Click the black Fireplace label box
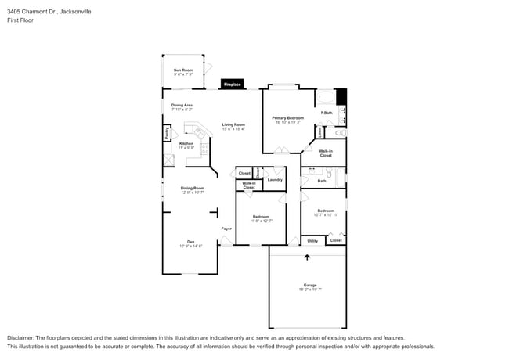232,84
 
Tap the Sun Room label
182,70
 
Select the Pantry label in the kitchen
167,134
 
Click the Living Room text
233,124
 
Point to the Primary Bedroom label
287,117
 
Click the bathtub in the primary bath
324,98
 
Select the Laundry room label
274,180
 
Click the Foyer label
226,229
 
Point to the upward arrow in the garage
307,256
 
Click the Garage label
310,285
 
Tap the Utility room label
312,240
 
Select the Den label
190,241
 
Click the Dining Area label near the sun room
182,105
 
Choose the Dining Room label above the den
192,188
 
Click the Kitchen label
186,144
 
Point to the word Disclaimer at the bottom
21,337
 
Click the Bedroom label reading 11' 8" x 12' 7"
260,217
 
